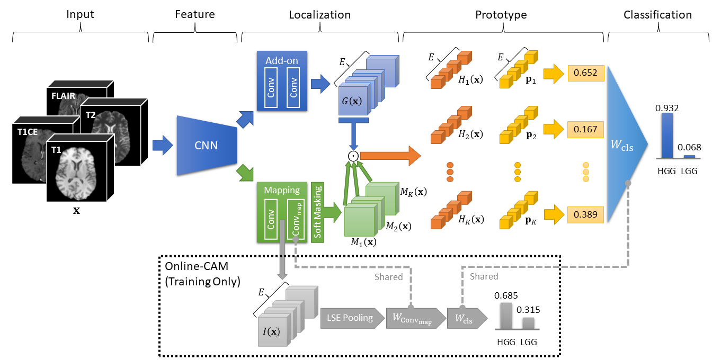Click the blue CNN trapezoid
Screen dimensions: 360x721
tap(206, 145)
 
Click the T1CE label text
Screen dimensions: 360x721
tap(27, 132)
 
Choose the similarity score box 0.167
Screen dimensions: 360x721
tap(586, 129)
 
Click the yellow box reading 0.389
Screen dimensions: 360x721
tap(586, 214)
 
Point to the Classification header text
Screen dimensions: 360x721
tap(664, 15)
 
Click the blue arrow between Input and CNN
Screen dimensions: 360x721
tap(163, 145)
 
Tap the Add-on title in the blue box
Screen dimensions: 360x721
tap(281, 60)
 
